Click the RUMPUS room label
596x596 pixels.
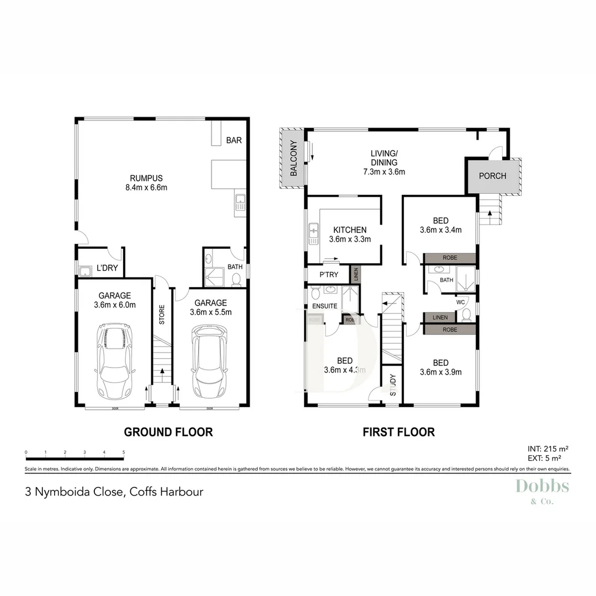pos(146,178)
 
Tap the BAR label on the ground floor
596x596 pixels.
pos(234,141)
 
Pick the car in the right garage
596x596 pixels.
pos(209,362)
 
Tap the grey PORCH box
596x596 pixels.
pos(492,176)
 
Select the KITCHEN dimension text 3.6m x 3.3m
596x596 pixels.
pos(349,240)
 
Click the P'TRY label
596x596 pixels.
pos(329,275)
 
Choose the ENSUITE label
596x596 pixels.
pos(324,306)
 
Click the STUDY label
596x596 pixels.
pos(393,386)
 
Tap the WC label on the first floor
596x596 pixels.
pos(460,302)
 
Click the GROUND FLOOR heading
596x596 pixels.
pos(168,432)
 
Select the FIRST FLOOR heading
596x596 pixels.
pos(398,432)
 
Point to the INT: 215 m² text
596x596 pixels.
pos(549,449)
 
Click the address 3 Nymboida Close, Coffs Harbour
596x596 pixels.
pos(114,491)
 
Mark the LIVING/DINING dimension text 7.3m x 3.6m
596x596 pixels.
pos(384,172)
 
